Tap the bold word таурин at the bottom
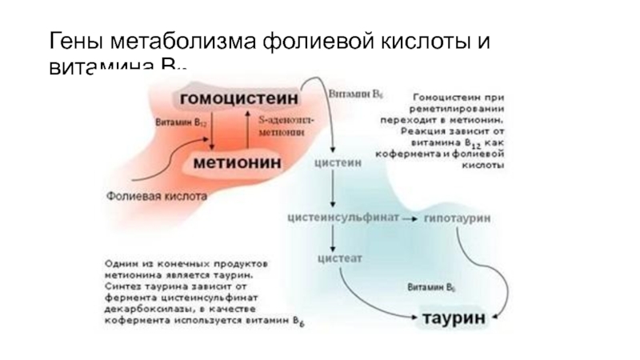tap(454, 318)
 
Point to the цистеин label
tap(337, 162)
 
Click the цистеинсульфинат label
tap(343, 218)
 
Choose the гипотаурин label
tap(458, 218)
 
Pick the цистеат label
tap(341, 258)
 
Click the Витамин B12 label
tap(177, 125)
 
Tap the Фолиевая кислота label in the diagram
tap(158, 194)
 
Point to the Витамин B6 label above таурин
tap(432, 286)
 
